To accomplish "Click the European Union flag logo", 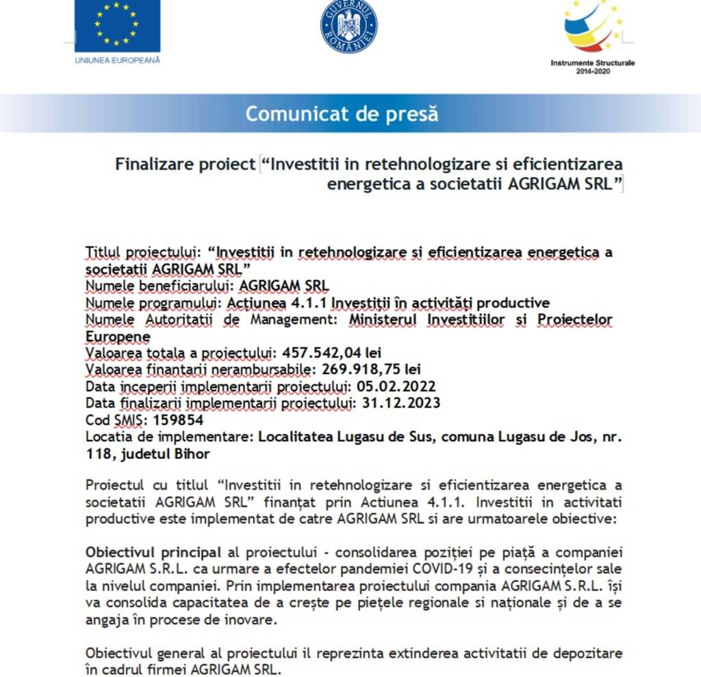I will coord(117,26).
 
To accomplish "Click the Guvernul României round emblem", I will coord(348,27).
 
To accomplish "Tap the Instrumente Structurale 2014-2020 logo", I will coord(593,27).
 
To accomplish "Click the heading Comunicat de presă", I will coord(342,113).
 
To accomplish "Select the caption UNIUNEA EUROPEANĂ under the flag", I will coord(117,60).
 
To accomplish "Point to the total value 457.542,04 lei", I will coord(331,353).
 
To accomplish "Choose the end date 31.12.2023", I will coord(400,403).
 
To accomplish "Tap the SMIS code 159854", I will coord(178,420).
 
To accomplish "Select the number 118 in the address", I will coord(97,453).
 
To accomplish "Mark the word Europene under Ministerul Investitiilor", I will coord(118,336).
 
